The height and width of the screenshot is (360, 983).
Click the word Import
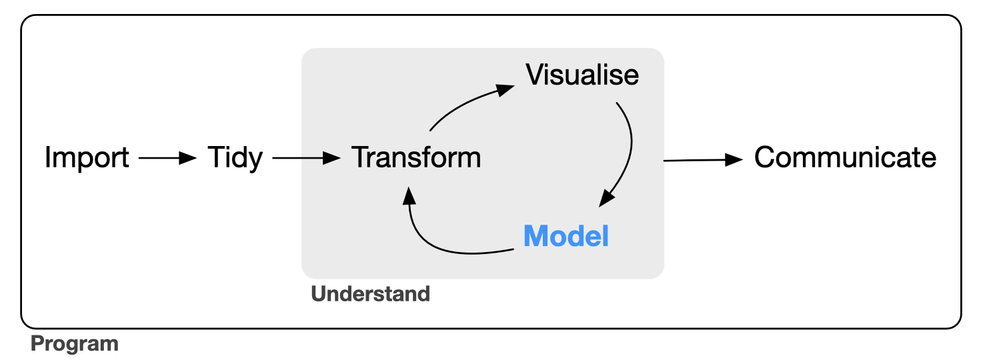(87, 157)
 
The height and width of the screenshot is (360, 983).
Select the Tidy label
(235, 157)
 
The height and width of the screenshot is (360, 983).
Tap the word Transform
(416, 157)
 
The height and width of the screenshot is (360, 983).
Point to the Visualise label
(582, 75)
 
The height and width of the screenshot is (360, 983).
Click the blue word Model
(566, 236)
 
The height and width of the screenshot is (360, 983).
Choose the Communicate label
(845, 157)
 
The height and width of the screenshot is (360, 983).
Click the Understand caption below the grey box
(370, 294)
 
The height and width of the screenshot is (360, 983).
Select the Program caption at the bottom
(75, 344)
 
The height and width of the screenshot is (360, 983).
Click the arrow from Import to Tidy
(167, 158)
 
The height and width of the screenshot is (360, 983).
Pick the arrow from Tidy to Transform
(306, 158)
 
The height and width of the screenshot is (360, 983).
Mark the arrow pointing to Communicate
(703, 161)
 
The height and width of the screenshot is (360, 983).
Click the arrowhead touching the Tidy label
(188, 158)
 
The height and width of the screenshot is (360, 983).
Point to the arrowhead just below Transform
(409, 195)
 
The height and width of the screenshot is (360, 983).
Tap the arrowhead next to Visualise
(505, 90)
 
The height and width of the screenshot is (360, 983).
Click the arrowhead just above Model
(606, 199)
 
